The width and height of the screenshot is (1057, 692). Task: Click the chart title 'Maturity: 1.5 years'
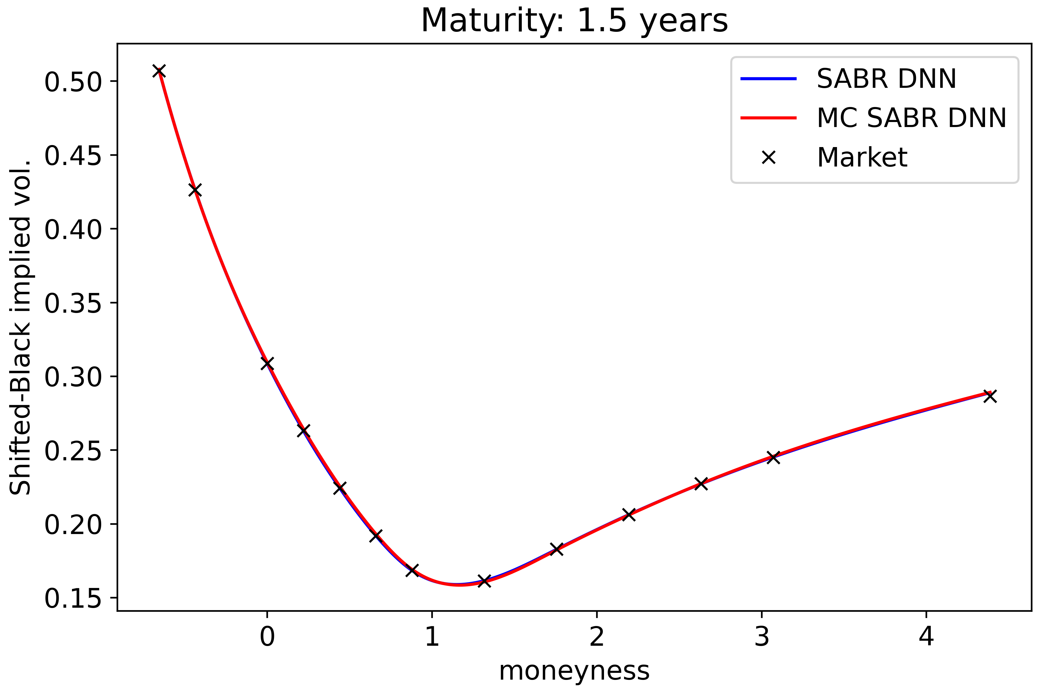574,21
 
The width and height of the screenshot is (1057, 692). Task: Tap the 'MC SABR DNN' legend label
911,118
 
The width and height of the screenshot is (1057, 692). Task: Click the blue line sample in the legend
768,79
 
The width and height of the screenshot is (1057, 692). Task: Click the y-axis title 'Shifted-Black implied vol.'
20,327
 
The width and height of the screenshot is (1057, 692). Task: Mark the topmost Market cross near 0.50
159,71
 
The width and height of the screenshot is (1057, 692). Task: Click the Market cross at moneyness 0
267,363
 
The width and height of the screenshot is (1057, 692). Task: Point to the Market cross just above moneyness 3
773,457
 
